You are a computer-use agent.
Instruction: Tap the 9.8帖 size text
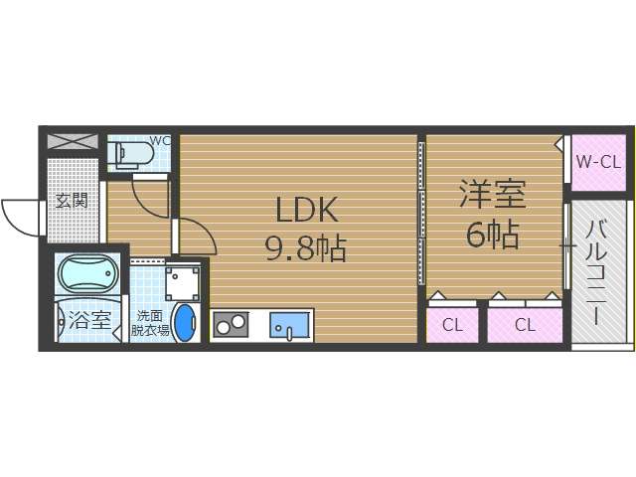click(x=305, y=248)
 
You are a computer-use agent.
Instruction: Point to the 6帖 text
click(x=492, y=235)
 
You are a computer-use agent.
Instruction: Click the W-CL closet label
click(x=597, y=161)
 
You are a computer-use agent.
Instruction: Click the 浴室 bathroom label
click(x=90, y=321)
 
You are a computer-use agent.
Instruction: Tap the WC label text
click(x=161, y=140)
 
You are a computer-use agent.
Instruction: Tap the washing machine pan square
click(x=184, y=282)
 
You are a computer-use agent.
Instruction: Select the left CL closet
click(x=452, y=324)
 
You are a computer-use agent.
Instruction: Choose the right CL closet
click(x=525, y=324)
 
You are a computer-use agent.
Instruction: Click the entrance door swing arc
click(x=18, y=214)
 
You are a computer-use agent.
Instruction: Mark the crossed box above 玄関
click(x=74, y=141)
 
